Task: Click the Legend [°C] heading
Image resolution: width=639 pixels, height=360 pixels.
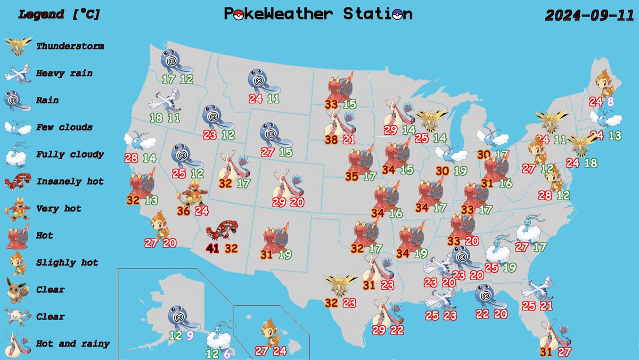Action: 59,14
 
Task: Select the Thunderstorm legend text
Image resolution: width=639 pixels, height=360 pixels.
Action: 70,46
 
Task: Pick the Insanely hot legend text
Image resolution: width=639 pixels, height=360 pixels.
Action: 70,182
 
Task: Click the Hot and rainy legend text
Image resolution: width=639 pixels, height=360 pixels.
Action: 73,344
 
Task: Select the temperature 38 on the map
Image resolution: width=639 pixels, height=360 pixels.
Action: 332,140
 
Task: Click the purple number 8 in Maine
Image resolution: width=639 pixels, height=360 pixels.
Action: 610,101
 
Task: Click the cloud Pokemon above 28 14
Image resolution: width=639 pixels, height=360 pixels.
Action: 140,141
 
